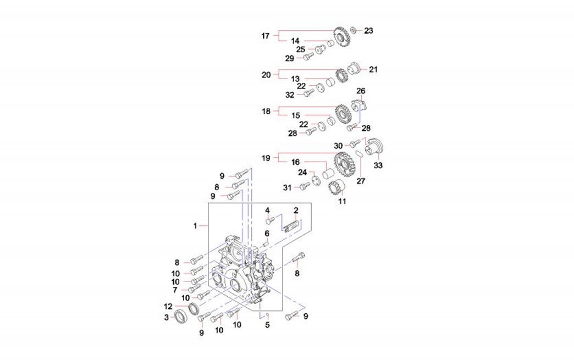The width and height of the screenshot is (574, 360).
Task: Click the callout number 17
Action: [x=266, y=36]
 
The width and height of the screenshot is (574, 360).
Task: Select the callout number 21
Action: [x=373, y=70]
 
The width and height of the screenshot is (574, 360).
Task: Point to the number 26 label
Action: [x=361, y=91]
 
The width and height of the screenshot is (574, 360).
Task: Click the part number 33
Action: [x=378, y=165]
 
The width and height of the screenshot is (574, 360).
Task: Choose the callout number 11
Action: [x=342, y=202]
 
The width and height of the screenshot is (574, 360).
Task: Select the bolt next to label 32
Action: [x=309, y=93]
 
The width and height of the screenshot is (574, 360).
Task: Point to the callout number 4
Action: [x=268, y=211]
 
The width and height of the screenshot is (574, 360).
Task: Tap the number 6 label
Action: [x=267, y=233]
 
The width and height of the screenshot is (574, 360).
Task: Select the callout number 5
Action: [x=268, y=325]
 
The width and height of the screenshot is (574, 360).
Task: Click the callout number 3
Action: [x=166, y=317]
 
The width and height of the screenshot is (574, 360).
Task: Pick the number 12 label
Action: [x=169, y=306]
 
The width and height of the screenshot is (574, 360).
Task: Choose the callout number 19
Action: [x=266, y=158]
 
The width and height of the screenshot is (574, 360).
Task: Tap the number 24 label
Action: [x=302, y=172]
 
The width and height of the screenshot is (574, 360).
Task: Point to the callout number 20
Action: [x=266, y=75]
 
